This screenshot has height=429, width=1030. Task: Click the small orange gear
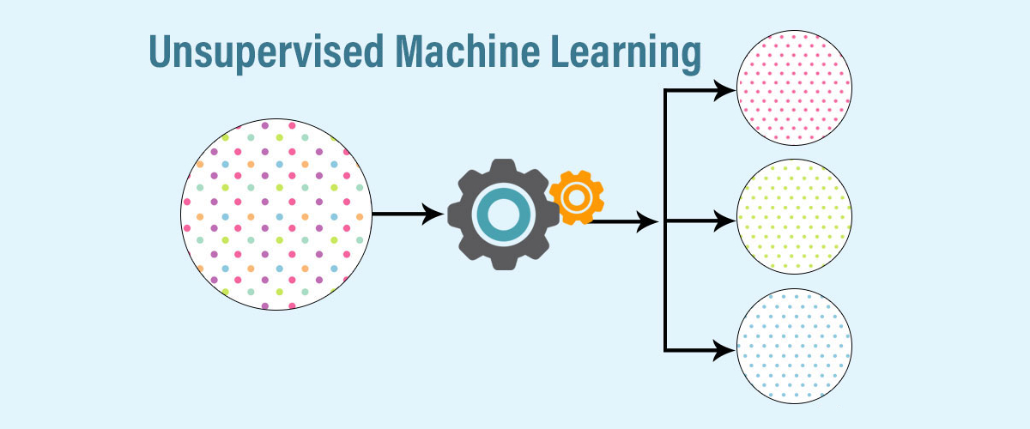576,197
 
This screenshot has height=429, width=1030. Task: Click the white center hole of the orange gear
576,197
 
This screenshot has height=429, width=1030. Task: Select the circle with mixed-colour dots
276,214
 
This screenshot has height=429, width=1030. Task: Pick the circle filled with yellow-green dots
794,220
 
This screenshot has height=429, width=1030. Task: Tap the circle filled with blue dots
794,347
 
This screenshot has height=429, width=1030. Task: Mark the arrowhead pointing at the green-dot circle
726,221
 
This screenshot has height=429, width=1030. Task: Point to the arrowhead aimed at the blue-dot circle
726,349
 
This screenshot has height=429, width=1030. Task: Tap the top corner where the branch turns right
666,90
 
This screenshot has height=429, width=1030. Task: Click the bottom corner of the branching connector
666,349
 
